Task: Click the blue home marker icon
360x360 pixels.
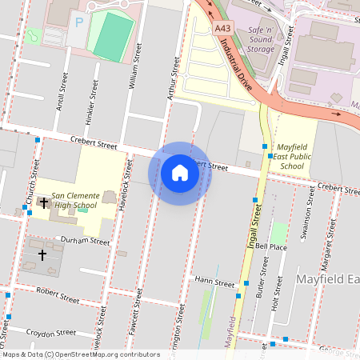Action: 179,173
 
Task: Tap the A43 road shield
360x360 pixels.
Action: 223,28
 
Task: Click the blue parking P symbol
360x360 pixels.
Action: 78,22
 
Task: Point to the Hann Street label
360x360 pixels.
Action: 214,283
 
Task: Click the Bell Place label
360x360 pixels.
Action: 271,248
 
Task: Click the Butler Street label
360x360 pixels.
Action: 261,284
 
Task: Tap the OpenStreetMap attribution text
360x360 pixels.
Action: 81,354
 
